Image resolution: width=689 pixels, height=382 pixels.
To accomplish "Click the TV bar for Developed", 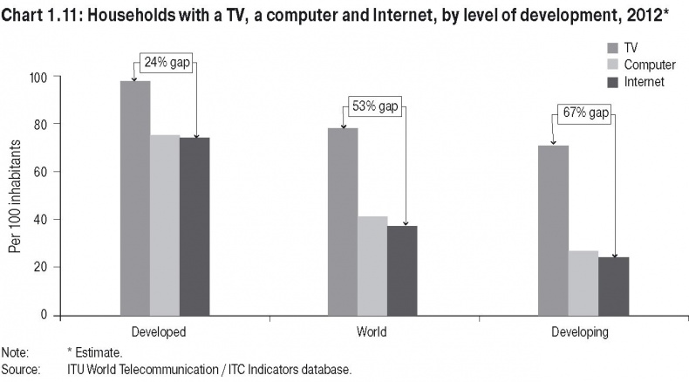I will pos(135,198).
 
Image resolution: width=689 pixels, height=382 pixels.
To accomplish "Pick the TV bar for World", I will pos(343,222).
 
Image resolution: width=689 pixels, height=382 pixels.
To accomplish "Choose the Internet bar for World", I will pos(402,270).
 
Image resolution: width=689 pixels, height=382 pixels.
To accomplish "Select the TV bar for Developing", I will pos(553,230).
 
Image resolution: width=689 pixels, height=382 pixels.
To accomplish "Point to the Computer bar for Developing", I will pos(583,283).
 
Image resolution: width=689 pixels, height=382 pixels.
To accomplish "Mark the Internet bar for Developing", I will pos(613,286).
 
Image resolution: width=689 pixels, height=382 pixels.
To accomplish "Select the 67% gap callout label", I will pos(585,114).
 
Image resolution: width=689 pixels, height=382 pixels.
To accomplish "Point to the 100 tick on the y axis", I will pos(40,77).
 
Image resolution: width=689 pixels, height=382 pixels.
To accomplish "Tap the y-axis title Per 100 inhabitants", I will pos(14,194).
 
